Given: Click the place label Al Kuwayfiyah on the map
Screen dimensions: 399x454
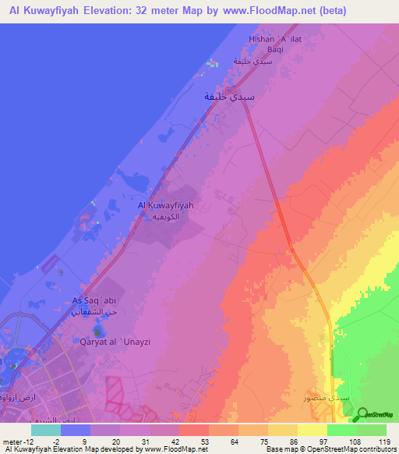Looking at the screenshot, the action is click(x=164, y=204).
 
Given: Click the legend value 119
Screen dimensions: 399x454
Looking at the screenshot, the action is click(x=383, y=441).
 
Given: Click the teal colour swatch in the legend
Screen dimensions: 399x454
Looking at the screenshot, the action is click(x=46, y=430).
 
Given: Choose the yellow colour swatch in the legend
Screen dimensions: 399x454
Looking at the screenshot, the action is click(x=312, y=430).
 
